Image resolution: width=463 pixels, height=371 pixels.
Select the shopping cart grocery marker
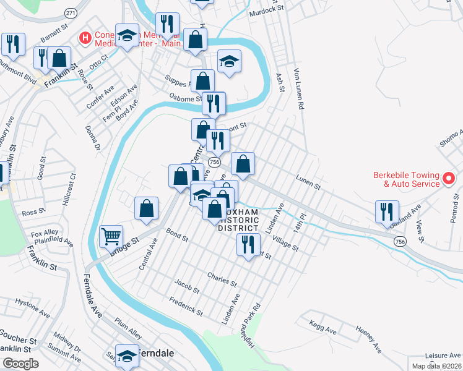click(111, 236)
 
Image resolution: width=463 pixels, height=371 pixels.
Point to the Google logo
click(20, 364)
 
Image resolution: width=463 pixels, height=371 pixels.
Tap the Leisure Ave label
click(443, 356)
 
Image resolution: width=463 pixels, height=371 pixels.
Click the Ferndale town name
click(155, 354)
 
